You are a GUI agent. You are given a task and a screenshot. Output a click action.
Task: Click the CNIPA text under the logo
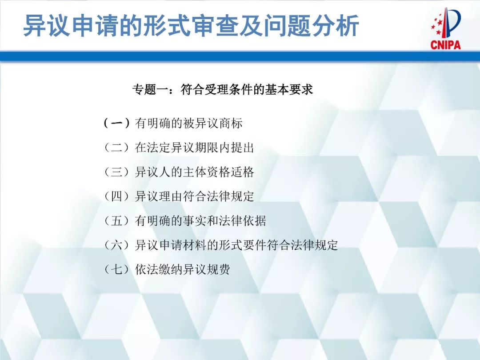pyautogui.click(x=445, y=44)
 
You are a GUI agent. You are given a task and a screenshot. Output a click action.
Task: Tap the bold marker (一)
pyautogui.click(x=116, y=123)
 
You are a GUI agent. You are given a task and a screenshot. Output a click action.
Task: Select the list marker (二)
pyautogui.click(x=116, y=148)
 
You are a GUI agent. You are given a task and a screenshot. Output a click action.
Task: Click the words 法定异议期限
pyautogui.click(x=183, y=148)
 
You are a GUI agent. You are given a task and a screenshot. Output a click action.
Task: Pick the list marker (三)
pyautogui.click(x=116, y=172)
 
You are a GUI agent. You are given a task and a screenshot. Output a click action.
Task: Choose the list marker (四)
pyautogui.click(x=116, y=196)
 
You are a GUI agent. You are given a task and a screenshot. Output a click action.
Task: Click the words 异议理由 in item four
pyautogui.click(x=159, y=196)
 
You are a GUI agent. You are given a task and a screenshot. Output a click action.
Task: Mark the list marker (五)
pyautogui.click(x=116, y=220)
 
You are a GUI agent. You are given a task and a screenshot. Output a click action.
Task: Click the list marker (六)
pyautogui.click(x=116, y=245)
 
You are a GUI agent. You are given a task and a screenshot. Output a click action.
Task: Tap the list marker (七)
pyautogui.click(x=116, y=269)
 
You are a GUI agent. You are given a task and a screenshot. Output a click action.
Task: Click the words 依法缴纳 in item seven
pyautogui.click(x=159, y=269)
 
